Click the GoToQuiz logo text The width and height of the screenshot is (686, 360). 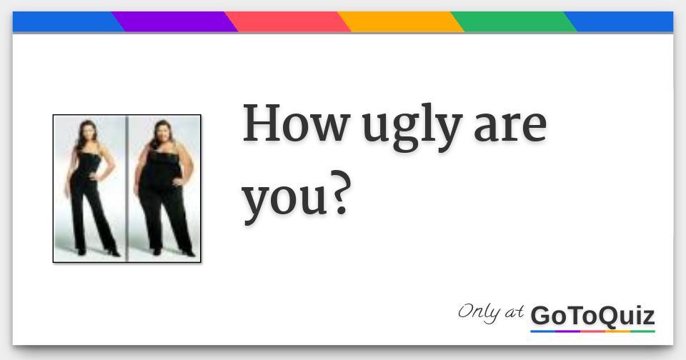click(x=592, y=315)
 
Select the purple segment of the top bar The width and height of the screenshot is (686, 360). click(x=174, y=22)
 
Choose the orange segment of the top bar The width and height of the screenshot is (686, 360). click(x=400, y=22)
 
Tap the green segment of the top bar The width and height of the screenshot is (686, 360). click(x=513, y=22)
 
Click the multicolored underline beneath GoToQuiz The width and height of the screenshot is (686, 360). click(x=592, y=331)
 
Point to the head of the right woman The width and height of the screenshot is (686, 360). click(x=162, y=132)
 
